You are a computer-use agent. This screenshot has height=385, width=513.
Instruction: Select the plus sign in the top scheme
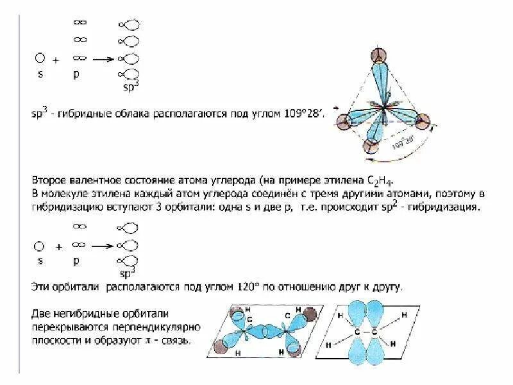coord(56,60)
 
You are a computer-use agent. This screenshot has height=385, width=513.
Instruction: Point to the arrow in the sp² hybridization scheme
coord(104,246)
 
